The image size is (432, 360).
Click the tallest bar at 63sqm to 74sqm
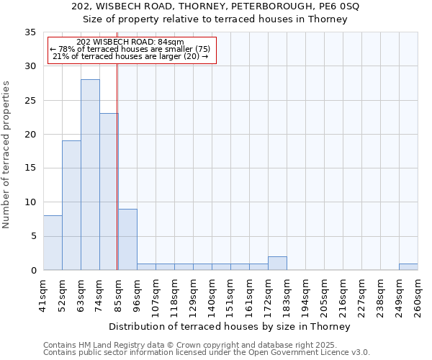[90, 175]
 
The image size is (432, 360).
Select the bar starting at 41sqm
[53, 243]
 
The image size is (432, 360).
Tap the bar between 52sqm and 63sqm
[71, 205]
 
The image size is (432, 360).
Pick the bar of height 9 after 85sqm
[127, 240]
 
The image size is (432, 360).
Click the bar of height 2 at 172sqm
[277, 264]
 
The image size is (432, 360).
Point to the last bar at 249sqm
[408, 267]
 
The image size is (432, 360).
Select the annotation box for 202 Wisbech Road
[132, 50]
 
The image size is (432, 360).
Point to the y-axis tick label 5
[32, 236]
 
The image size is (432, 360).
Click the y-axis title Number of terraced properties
[7, 155]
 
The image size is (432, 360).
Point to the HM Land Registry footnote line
[206, 345]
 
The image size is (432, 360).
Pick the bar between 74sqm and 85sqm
[109, 192]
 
